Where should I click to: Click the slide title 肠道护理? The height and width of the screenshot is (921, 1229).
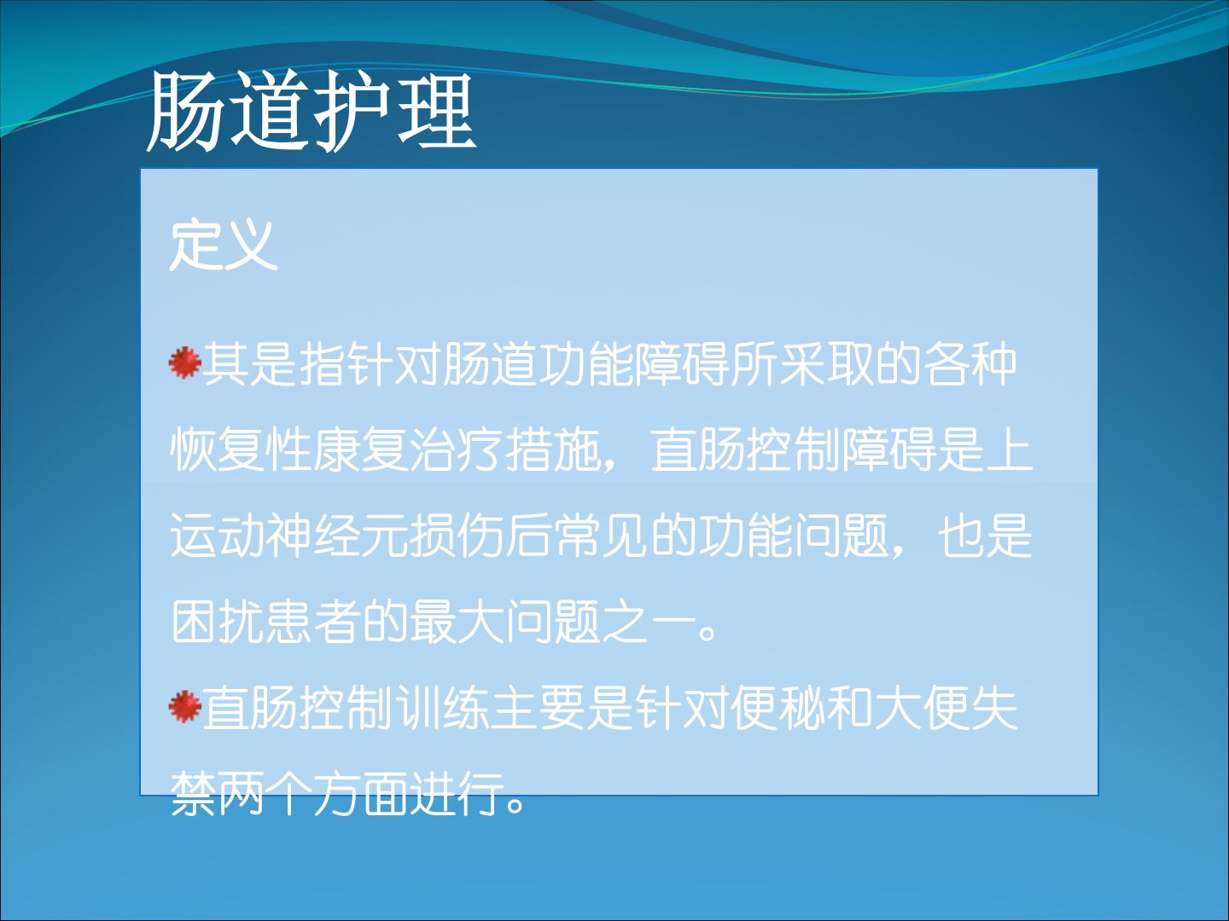pos(312,112)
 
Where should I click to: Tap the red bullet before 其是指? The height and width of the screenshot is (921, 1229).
pos(184,362)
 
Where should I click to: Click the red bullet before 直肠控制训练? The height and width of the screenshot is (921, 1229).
pos(184,706)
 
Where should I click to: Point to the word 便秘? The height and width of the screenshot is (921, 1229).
pos(779,709)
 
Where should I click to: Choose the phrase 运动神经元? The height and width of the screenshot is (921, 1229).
pos(289,536)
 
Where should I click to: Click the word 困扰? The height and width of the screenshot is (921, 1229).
pos(217,622)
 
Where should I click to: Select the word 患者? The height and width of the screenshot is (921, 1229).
pos(312,622)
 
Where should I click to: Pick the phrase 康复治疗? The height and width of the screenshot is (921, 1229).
pos(408,449)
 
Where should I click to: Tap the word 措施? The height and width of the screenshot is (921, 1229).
pos(552,449)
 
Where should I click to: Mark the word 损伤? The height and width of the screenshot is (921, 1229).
pos(456,536)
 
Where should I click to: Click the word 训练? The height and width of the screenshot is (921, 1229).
pos(441,709)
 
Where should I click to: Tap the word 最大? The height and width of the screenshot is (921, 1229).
pos(457,622)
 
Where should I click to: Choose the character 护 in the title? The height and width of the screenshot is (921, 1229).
pos(352,112)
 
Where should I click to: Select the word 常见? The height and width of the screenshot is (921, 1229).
pos(601,536)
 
